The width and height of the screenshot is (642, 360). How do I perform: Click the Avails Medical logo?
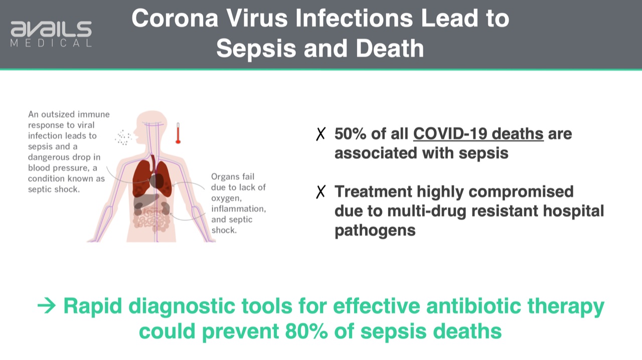[x=51, y=34]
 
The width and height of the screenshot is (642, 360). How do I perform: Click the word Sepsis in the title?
[x=256, y=49]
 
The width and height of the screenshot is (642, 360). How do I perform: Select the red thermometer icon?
[x=178, y=133]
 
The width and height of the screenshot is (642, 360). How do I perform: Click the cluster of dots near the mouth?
[x=123, y=137]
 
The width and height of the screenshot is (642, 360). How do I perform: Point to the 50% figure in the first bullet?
[x=350, y=134]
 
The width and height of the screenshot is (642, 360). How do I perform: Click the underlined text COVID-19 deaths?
[x=478, y=134]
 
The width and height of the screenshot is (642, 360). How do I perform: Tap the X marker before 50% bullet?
[x=320, y=134]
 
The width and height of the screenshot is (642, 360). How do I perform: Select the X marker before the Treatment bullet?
[x=320, y=192]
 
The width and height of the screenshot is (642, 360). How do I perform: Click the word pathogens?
[x=375, y=231]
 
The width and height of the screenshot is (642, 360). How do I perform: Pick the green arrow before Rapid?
[x=47, y=306]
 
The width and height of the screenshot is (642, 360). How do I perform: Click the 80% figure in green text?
[x=306, y=331]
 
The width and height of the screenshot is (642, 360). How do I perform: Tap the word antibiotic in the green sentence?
[x=473, y=306]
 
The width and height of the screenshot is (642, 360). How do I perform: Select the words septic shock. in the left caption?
[x=54, y=189]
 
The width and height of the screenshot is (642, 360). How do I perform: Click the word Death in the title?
[x=390, y=49]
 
